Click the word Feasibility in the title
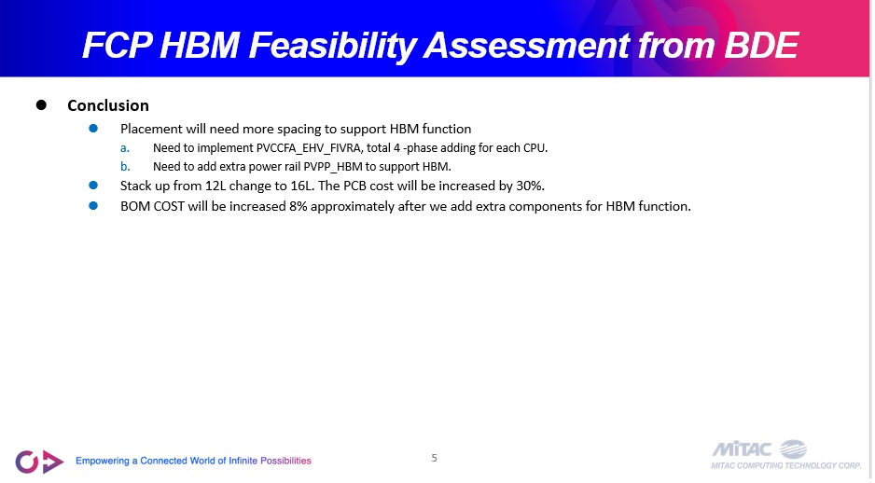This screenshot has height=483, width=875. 332,45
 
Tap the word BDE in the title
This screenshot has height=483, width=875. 761,45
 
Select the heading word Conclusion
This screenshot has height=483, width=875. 108,105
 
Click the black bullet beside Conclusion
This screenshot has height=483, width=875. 41,104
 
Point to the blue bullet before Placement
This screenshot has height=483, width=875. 93,129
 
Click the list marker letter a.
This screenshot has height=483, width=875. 125,148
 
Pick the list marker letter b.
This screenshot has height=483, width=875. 125,166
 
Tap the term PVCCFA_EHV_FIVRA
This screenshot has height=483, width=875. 309,148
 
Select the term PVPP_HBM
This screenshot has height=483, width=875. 333,167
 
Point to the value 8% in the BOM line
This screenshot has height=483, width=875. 298,206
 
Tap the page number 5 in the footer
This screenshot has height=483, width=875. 434,458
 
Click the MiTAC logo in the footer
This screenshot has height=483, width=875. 786,454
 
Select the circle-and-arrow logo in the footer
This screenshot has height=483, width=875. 39,462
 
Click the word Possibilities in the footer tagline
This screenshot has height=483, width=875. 285,461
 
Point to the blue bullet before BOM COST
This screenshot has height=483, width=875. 93,206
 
